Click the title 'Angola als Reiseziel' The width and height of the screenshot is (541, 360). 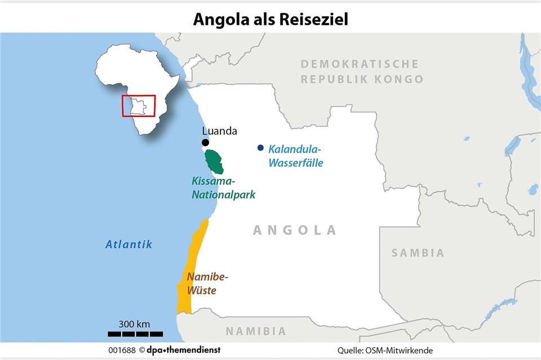click(270, 19)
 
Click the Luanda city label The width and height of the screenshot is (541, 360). click(220, 131)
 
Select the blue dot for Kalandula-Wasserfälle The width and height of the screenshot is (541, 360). click(260, 148)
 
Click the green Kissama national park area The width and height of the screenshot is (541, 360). click(214, 161)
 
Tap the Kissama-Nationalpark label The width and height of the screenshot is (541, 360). click(223, 188)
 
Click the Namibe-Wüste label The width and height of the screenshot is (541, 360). click(207, 284)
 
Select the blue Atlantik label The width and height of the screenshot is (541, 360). click(129, 245)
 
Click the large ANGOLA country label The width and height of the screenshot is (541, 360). click(294, 230)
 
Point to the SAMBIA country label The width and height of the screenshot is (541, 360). click(418, 253)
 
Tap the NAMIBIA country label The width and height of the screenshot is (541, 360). click(256, 331)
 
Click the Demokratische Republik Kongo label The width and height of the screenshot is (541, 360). click(361, 72)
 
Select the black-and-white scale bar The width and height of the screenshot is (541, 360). click(135, 334)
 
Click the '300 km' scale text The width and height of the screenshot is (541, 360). click(134, 324)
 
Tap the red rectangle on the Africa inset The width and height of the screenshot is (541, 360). click(139, 105)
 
